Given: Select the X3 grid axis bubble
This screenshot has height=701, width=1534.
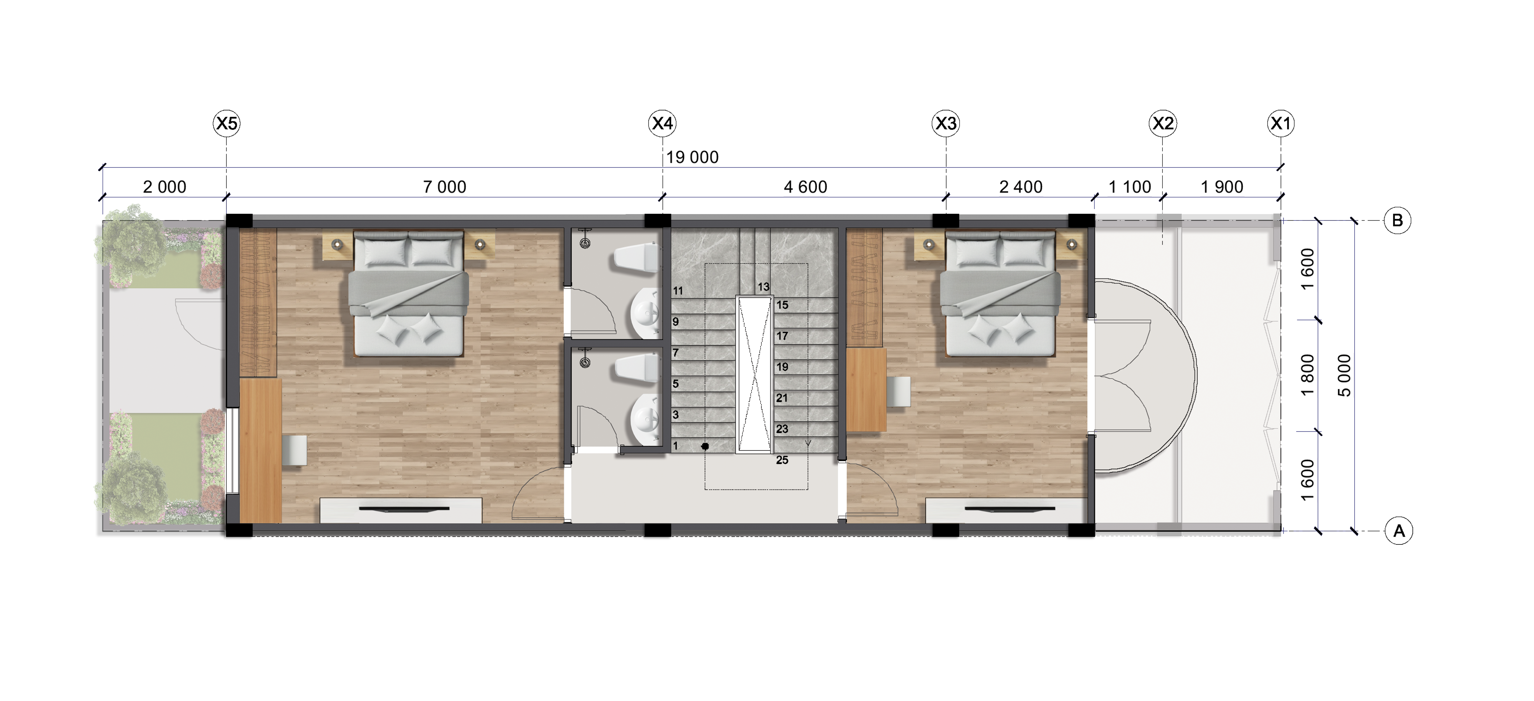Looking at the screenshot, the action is point(946,123).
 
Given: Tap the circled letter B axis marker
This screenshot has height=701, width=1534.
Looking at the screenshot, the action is point(1397,220).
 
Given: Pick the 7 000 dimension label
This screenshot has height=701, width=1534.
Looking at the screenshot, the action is point(444,187).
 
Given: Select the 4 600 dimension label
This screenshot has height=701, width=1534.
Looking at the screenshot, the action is point(805,187).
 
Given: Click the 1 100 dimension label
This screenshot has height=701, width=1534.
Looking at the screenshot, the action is point(1130,187).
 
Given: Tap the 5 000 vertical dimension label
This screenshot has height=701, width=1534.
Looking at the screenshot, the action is point(1344,375).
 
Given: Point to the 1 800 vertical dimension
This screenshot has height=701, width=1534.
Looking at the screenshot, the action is point(1307,375).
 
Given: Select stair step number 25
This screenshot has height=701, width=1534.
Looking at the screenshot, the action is point(782,460).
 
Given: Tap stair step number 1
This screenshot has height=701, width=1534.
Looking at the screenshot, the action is point(675,445).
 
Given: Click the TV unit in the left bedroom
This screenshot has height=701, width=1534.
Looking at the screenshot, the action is point(401,510).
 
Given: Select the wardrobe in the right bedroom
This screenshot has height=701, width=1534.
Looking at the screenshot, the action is point(864,287).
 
